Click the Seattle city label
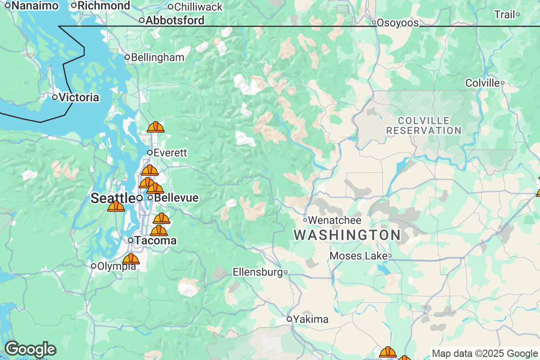112,198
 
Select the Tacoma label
156,241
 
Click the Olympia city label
116,265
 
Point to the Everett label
170,153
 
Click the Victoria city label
79,97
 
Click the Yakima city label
310,319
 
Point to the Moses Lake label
358,256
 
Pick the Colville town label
482,83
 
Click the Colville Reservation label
424,126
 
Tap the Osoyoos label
398,22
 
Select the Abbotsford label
175,20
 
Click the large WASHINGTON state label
347,235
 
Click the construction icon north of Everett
156,127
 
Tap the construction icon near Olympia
131,259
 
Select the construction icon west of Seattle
116,206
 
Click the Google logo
30,349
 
